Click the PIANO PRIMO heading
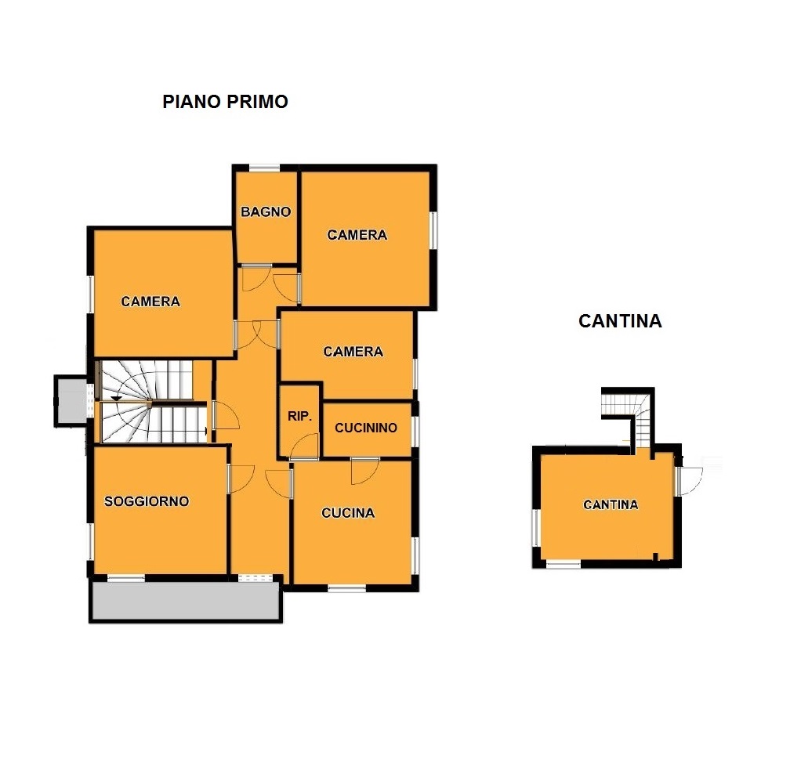tap(225, 102)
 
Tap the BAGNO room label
tap(266, 211)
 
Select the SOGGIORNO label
tap(147, 501)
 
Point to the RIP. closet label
tap(299, 416)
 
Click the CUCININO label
tap(366, 428)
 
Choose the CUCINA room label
tap(348, 512)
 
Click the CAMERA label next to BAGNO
tap(357, 235)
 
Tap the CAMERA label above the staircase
tap(150, 301)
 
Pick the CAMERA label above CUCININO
tap(353, 351)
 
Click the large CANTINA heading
tap(620, 321)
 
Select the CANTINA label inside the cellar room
tap(611, 504)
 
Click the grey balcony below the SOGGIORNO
tap(186, 600)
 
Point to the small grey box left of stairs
tap(71, 401)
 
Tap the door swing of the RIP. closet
tap(304, 446)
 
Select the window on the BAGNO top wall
tap(265, 168)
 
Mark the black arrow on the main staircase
tap(116, 399)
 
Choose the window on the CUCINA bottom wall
tap(346, 587)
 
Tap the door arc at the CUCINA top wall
tap(364, 472)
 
